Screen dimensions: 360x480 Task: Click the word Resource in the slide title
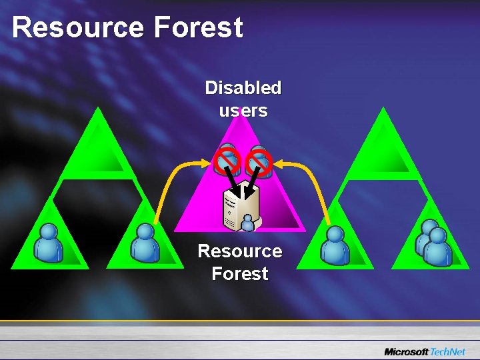pos(77,28)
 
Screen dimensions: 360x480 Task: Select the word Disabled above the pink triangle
pos(243,88)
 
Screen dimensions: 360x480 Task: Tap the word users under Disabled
pos(243,111)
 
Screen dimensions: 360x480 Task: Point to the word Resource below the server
pos(239,251)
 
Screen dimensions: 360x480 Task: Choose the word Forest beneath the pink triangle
pos(239,273)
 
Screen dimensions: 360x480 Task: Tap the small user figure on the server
pos(248,223)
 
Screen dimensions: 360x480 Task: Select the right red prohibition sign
pos(259,161)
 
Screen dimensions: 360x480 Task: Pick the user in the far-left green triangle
pos(49,243)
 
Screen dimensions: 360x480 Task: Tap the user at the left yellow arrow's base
pos(145,243)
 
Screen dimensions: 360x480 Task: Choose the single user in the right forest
pos(334,245)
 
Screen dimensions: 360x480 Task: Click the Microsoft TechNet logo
pos(426,351)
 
